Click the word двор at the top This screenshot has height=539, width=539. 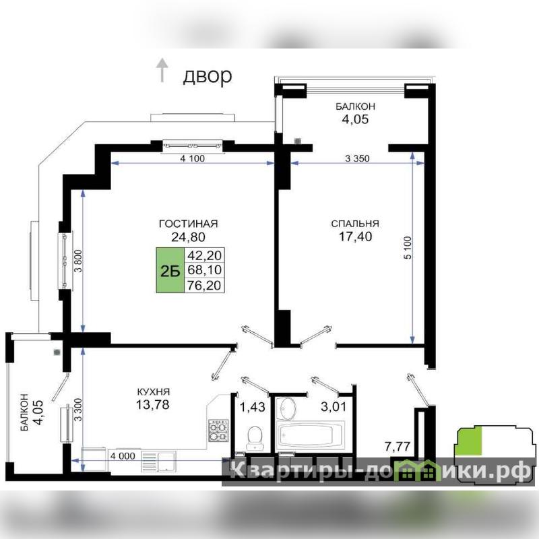coord(208,76)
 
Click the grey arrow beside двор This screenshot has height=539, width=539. coord(162,70)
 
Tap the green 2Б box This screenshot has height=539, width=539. coord(170,270)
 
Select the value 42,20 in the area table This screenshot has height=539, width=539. coord(204,255)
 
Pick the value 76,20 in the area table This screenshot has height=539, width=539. coord(204,285)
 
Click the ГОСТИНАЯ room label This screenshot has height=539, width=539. coord(189,224)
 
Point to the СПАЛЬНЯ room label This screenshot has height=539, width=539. coord(355,224)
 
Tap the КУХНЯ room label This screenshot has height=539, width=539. coord(154,392)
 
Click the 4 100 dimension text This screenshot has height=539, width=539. coord(193,158)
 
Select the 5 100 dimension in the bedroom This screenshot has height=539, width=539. coord(408,247)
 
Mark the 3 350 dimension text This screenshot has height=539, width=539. coord(357,158)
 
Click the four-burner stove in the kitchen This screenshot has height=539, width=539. coord(218,431)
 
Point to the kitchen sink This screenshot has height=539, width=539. coord(166,462)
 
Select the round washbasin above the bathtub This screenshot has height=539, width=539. coord(287,409)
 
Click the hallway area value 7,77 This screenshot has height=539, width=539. coord(398,447)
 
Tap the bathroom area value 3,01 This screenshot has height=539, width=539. coord(334,407)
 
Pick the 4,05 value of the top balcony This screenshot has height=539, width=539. coord(355,119)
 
